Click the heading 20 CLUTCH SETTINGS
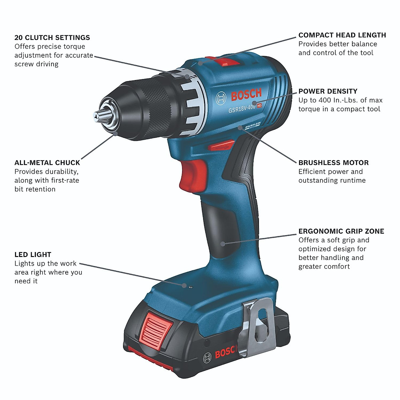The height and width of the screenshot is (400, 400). pyautogui.click(x=52, y=38)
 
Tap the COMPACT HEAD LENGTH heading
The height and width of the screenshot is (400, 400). pyautogui.click(x=342, y=35)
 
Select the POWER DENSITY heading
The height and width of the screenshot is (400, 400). pyautogui.click(x=328, y=91)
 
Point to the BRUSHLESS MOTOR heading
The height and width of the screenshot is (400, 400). pyautogui.click(x=333, y=163)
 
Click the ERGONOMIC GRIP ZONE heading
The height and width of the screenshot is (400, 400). pyautogui.click(x=341, y=231)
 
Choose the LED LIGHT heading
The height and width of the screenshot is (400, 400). pyautogui.click(x=33, y=255)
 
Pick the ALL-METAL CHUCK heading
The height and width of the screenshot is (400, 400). pyautogui.click(x=47, y=163)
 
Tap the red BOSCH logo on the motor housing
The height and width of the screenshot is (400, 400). pyautogui.click(x=246, y=94)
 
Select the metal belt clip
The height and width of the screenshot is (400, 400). pyautogui.click(x=259, y=328)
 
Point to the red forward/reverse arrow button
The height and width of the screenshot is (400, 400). pyautogui.click(x=221, y=146)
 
